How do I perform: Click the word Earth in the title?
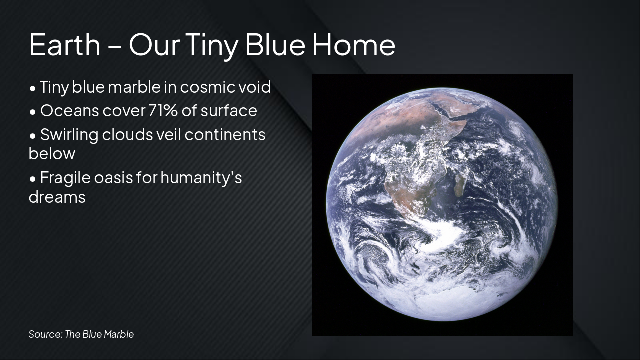65,45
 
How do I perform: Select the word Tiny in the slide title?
212,47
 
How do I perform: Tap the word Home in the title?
354,45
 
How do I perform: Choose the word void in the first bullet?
255,87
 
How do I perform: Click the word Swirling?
69,135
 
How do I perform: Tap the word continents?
225,135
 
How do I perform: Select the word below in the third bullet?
52,153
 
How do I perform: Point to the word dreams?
57,197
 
